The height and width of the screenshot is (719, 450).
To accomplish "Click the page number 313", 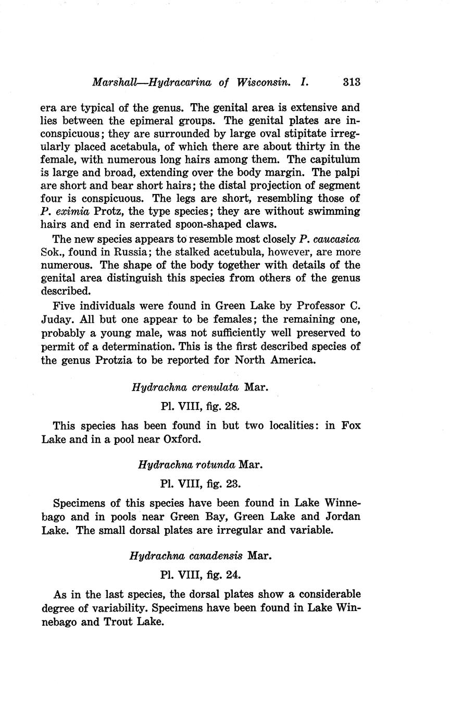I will coord(352,82).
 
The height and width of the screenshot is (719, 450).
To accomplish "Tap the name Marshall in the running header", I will coord(114,82).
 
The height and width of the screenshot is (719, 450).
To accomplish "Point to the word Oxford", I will coord(182,439).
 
